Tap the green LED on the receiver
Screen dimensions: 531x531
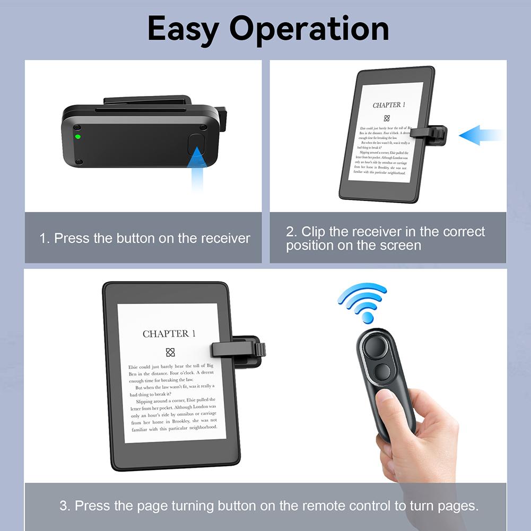click(x=78, y=136)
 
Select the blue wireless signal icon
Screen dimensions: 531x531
click(x=363, y=301)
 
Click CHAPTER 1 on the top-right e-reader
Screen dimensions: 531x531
click(x=389, y=105)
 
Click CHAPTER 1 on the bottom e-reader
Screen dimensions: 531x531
click(x=169, y=334)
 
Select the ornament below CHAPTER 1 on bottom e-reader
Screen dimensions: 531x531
click(x=170, y=352)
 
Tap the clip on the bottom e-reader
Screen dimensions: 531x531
click(x=239, y=350)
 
